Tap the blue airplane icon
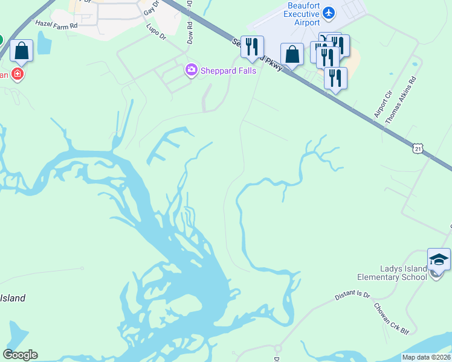(329, 12)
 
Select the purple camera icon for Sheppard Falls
(192, 71)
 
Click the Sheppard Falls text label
(229, 71)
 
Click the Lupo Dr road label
(156, 32)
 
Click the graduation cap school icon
(439, 259)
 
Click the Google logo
(20, 355)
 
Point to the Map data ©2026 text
(426, 357)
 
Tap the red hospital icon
(18, 74)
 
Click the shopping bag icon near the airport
(292, 54)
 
